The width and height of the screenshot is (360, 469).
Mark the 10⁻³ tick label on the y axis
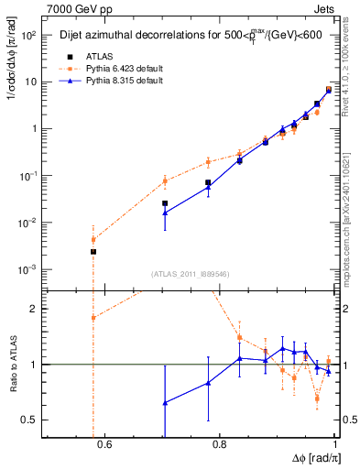point(28,269)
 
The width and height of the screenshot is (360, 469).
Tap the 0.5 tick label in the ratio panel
point(30,420)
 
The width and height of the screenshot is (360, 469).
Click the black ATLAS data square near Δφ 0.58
point(93,251)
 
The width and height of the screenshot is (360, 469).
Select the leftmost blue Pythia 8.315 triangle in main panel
point(165,213)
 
